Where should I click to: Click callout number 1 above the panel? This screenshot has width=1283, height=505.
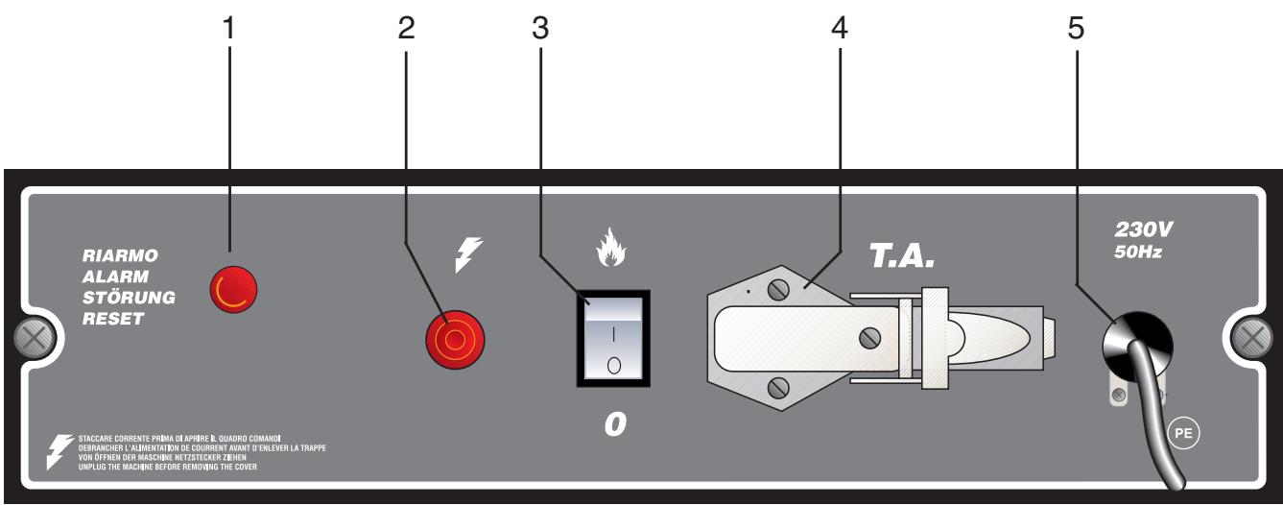(x=228, y=30)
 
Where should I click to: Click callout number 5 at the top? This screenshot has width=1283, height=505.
(x=1076, y=30)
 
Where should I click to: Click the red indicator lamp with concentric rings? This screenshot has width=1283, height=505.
(x=454, y=339)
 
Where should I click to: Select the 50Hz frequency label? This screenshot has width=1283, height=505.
(x=1139, y=252)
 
